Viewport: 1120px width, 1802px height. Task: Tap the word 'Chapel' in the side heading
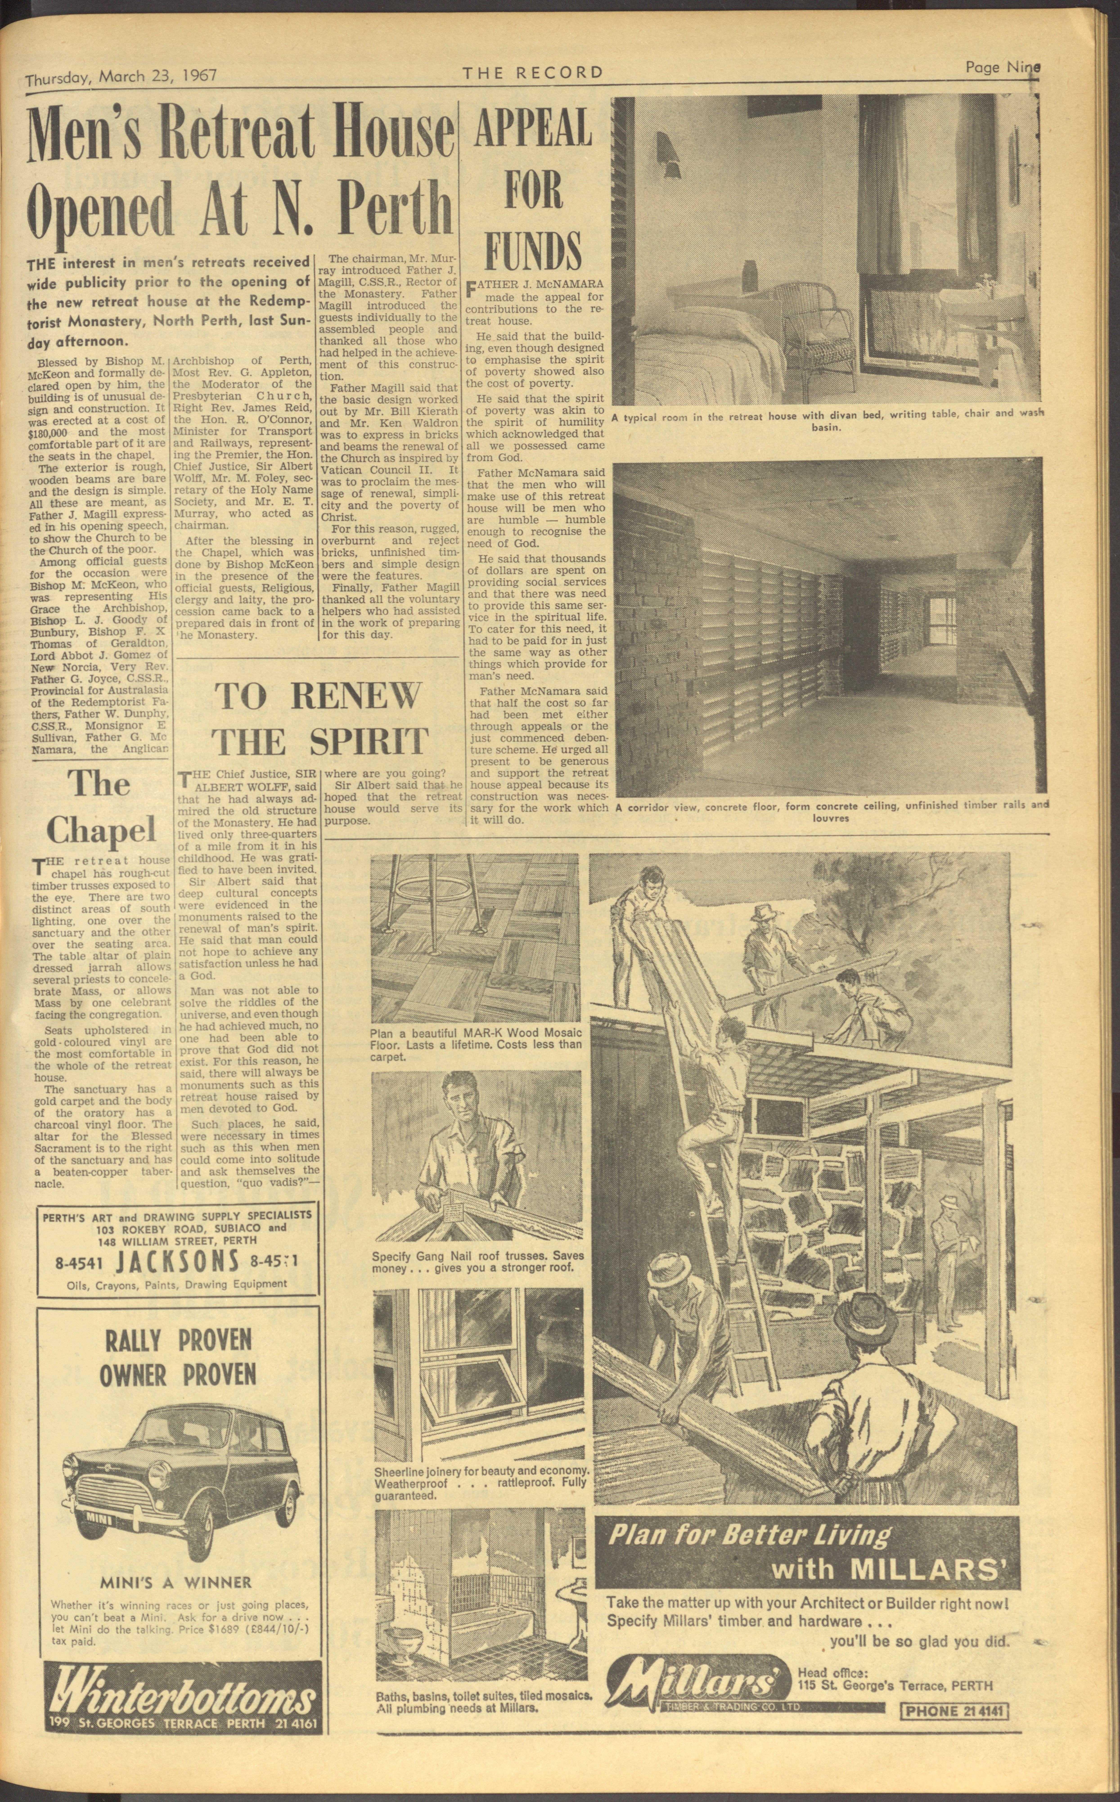click(x=101, y=831)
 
